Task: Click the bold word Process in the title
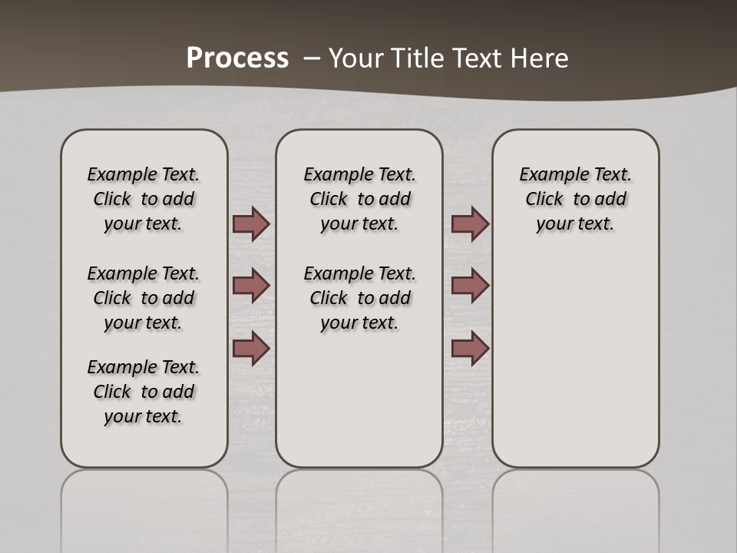(x=237, y=58)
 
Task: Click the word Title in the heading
(x=418, y=58)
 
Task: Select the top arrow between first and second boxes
(x=251, y=224)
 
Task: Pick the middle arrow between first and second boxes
(x=251, y=286)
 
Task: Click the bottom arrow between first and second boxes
(x=251, y=348)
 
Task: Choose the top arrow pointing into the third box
(x=470, y=224)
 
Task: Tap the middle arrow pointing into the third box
(x=470, y=286)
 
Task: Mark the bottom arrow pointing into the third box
(x=470, y=348)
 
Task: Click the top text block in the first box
(x=144, y=199)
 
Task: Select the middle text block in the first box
(x=144, y=298)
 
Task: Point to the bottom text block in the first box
(x=144, y=392)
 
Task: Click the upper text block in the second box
(x=359, y=199)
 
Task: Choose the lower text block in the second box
(x=359, y=298)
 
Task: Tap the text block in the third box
(x=575, y=199)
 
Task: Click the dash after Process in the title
(x=312, y=58)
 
